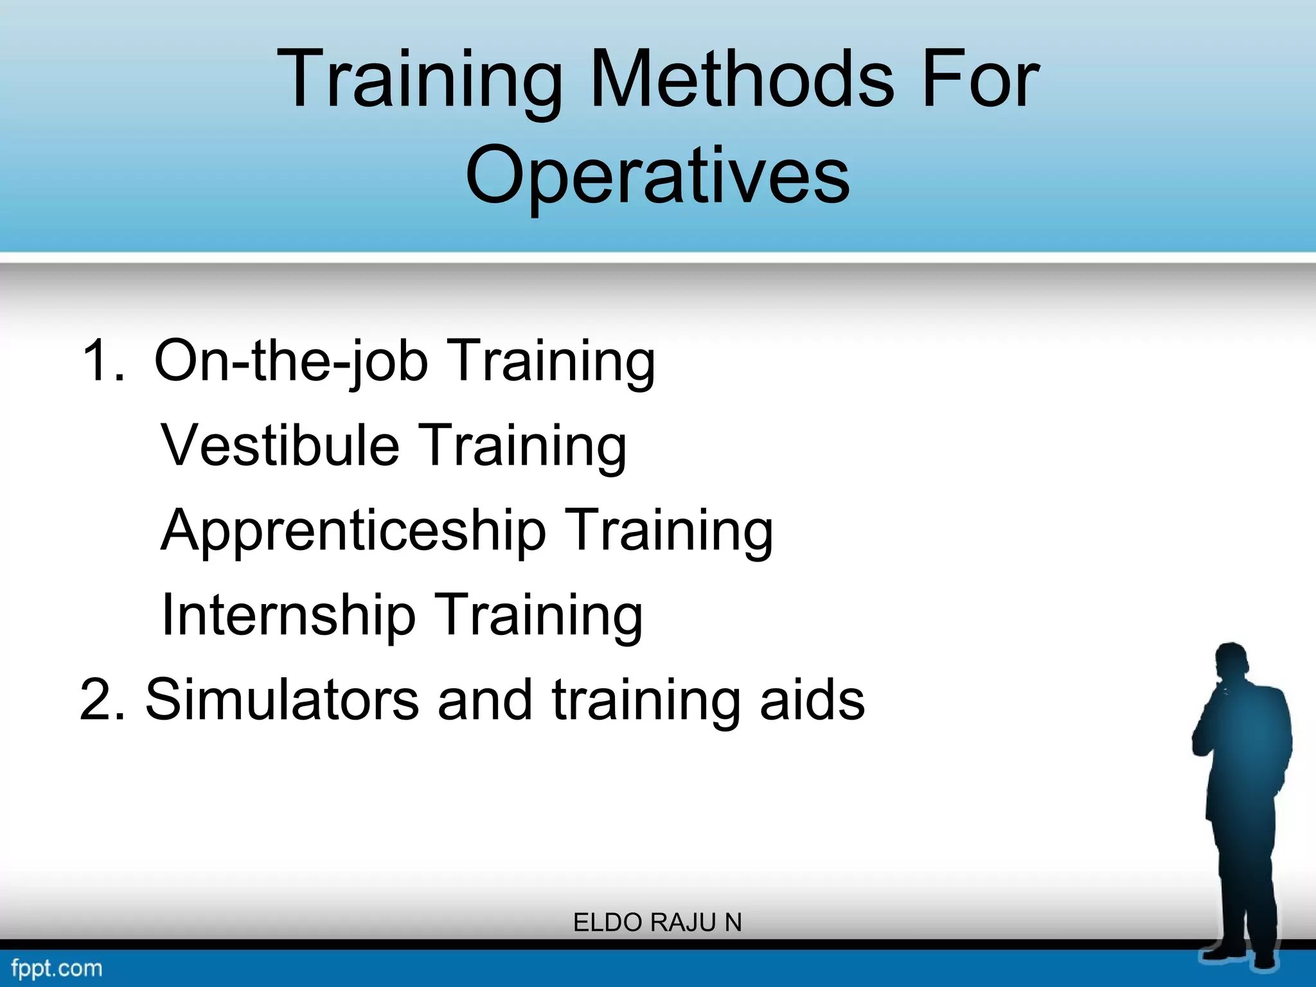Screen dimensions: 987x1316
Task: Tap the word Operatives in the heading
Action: pos(657,175)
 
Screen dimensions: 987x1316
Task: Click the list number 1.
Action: pos(103,361)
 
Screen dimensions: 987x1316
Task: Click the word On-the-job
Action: pos(290,361)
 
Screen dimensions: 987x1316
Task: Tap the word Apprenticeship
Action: pos(353,531)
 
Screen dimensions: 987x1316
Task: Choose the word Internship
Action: pos(289,615)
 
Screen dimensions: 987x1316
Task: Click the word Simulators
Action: pos(282,700)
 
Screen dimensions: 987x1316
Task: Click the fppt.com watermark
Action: pos(57,968)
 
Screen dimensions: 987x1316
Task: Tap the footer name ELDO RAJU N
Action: pos(657,923)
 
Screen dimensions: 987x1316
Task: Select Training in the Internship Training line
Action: pos(538,615)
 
